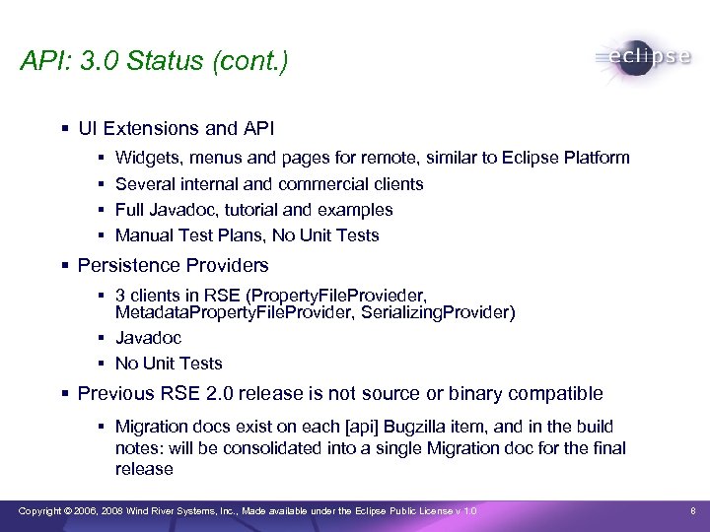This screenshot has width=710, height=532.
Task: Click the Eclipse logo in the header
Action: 643,57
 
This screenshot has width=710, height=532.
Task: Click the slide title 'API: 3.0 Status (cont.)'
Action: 154,62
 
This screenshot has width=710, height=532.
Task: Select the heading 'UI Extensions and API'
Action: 176,128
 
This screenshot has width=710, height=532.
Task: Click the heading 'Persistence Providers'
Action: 173,265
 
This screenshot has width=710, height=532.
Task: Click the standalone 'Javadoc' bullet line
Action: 148,338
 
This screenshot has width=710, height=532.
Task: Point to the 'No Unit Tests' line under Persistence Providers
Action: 169,364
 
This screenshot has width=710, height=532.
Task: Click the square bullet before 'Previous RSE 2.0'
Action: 64,394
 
